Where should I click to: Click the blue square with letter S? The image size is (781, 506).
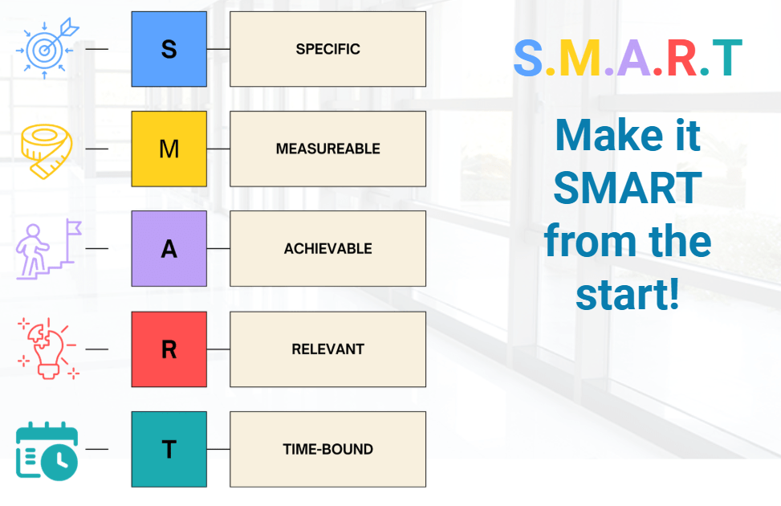[169, 49]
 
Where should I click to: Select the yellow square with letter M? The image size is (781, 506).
[169, 149]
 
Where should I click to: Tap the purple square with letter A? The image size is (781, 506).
[169, 248]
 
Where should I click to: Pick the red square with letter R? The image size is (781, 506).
[169, 349]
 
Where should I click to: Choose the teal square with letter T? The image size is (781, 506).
[169, 449]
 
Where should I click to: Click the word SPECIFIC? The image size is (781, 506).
[327, 49]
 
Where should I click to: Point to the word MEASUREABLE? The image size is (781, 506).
[327, 149]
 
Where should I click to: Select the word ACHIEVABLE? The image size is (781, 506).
[327, 248]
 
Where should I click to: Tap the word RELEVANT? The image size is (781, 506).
[327, 349]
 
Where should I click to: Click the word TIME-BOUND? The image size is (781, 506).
[327, 449]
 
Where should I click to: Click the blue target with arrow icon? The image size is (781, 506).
[47, 48]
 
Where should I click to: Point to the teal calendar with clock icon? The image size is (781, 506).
[47, 451]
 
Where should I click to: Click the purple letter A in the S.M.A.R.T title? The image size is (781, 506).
[633, 59]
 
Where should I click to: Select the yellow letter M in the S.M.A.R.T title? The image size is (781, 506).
[580, 59]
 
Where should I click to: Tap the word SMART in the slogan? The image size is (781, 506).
[628, 188]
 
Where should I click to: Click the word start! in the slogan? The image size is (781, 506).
[628, 294]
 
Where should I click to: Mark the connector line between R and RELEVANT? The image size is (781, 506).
[218, 349]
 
